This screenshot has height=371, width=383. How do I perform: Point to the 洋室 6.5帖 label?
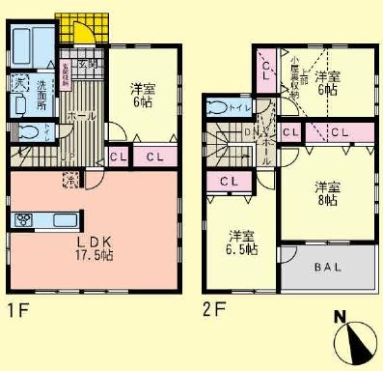pos(241,243)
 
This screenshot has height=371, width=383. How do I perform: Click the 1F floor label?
pos(14,311)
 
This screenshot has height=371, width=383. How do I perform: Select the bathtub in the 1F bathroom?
pos(23,43)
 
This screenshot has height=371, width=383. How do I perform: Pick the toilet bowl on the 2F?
pos(218,106)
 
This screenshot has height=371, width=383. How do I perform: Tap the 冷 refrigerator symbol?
pos(70,179)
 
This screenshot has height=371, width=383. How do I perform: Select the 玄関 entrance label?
pos(85,64)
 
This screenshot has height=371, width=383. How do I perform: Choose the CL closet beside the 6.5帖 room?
pos(231,181)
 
